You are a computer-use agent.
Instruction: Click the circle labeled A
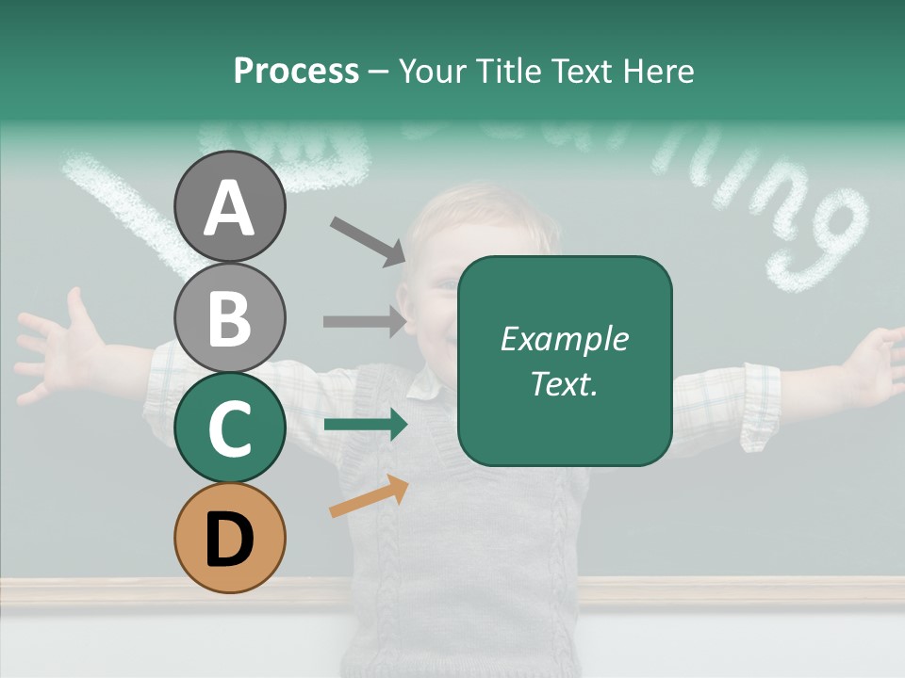pos(229,206)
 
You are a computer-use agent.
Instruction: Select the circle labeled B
pos(229,317)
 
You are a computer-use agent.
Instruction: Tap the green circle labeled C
pos(229,428)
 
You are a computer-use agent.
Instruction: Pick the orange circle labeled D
pos(229,538)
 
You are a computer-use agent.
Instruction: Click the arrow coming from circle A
pos(368,241)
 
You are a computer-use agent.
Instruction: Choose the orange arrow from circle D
pos(369,497)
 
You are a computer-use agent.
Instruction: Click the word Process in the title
pos(296,71)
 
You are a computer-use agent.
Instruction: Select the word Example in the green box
pos(564,340)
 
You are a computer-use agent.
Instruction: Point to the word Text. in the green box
pos(564,383)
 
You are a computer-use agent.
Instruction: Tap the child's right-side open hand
pos(872,363)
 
